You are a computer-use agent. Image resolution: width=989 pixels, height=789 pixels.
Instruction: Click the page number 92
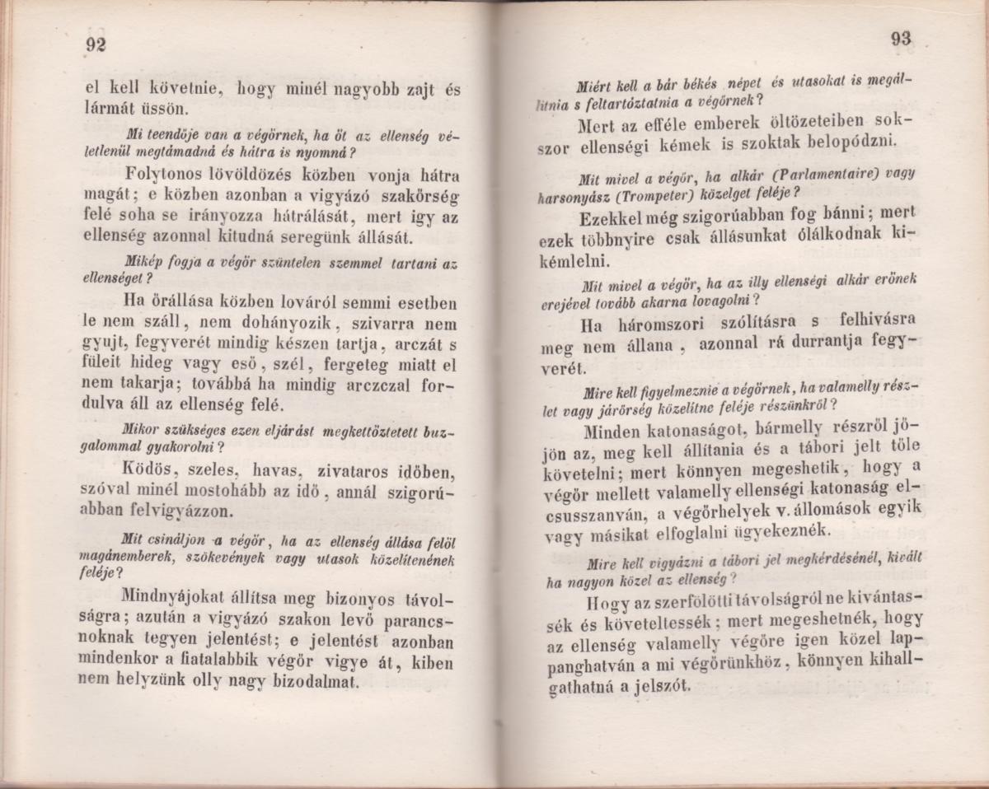(96, 46)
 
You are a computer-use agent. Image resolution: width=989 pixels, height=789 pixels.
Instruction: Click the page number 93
(901, 39)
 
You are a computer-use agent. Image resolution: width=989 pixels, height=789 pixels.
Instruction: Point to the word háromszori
(662, 320)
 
